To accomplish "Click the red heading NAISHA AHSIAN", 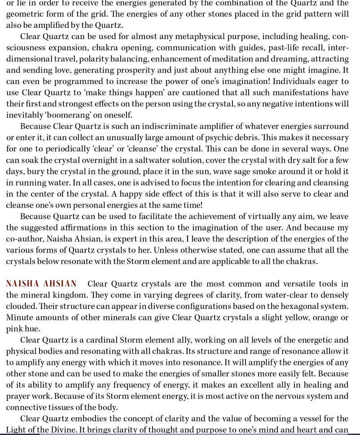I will click(x=41, y=284).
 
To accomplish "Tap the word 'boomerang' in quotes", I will click(x=65, y=115).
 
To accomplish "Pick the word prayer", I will click(x=19, y=396).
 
